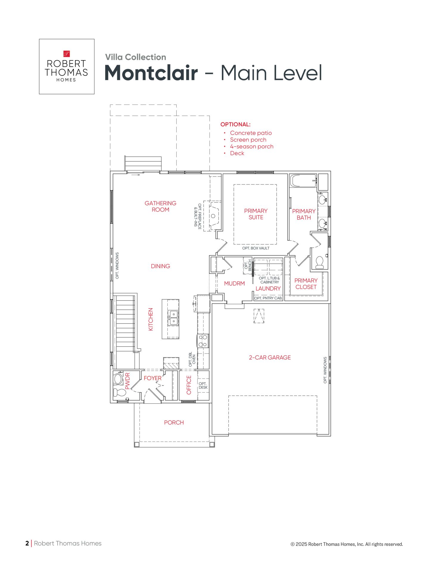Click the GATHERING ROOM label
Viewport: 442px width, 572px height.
pyautogui.click(x=160, y=206)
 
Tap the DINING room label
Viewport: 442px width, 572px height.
pyautogui.click(x=160, y=266)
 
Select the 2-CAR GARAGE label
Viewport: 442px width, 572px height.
pyautogui.click(x=270, y=357)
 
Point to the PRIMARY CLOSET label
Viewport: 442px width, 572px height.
pyautogui.click(x=306, y=284)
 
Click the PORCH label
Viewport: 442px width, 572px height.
pyautogui.click(x=174, y=422)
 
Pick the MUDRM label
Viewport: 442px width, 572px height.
pyautogui.click(x=234, y=283)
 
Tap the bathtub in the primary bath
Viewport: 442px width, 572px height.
pyautogui.click(x=303, y=181)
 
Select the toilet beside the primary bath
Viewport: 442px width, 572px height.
pyautogui.click(x=319, y=262)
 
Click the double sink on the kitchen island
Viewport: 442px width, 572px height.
pyautogui.click(x=173, y=318)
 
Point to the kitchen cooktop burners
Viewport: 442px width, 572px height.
pyautogui.click(x=203, y=341)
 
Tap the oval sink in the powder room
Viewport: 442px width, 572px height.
pyautogui.click(x=118, y=379)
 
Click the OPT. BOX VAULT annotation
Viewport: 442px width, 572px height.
pyautogui.click(x=256, y=248)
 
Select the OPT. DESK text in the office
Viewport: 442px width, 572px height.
pyautogui.click(x=203, y=386)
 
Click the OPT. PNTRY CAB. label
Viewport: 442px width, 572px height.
pyautogui.click(x=268, y=298)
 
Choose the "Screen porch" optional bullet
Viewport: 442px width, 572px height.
pyautogui.click(x=248, y=140)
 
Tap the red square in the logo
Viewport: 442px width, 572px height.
pyautogui.click(x=66, y=54)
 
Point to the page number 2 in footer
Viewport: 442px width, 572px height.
pyautogui.click(x=27, y=543)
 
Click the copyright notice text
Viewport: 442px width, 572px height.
pyautogui.click(x=347, y=544)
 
